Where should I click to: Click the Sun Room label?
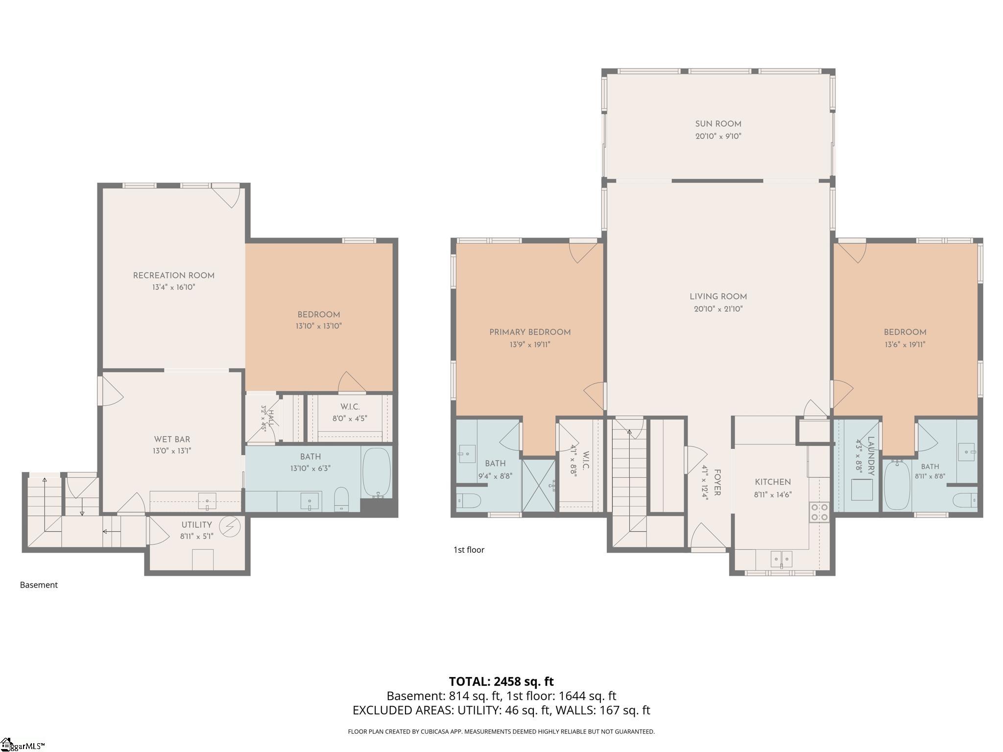[x=718, y=124]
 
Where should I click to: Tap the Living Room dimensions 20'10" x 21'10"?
[x=718, y=309]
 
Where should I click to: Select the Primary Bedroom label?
[x=530, y=332]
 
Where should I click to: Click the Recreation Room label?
[x=174, y=276]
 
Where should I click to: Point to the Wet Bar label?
[x=172, y=440]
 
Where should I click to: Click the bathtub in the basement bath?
[x=377, y=473]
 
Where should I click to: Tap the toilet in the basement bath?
[x=341, y=499]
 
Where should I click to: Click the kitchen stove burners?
[x=819, y=512]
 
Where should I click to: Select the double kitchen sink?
[x=782, y=559]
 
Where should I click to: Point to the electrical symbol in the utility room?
[x=229, y=526]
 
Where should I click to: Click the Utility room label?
[x=197, y=525]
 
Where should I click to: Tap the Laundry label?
[x=871, y=456]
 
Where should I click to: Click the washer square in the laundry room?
[x=862, y=490]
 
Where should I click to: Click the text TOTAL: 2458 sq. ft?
[x=501, y=681]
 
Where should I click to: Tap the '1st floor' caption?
[x=469, y=550]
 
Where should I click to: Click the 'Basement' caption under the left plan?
[x=39, y=585]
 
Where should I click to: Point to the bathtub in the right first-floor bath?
[x=897, y=485]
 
